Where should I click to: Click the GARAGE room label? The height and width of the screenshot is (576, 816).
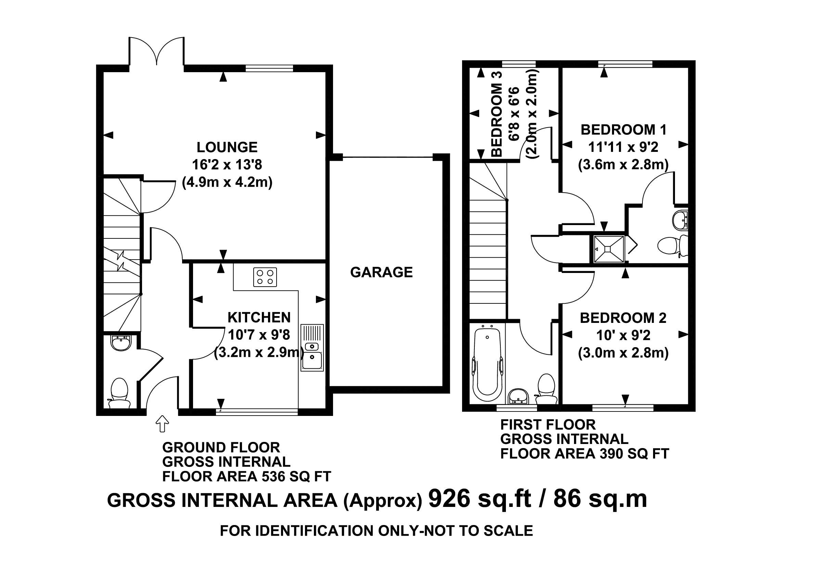[381, 272]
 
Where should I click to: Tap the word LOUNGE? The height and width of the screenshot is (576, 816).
[227, 147]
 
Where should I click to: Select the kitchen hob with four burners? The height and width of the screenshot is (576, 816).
[265, 277]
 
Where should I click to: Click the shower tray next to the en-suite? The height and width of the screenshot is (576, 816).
[609, 249]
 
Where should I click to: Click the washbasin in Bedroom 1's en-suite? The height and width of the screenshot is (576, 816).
[680, 220]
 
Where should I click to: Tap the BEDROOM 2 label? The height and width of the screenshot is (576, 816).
[623, 318]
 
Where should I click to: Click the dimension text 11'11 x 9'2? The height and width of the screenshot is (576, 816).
[623, 147]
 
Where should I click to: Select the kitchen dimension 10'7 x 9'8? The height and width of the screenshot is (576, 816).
[259, 335]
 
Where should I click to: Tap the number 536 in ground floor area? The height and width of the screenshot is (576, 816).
[273, 476]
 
